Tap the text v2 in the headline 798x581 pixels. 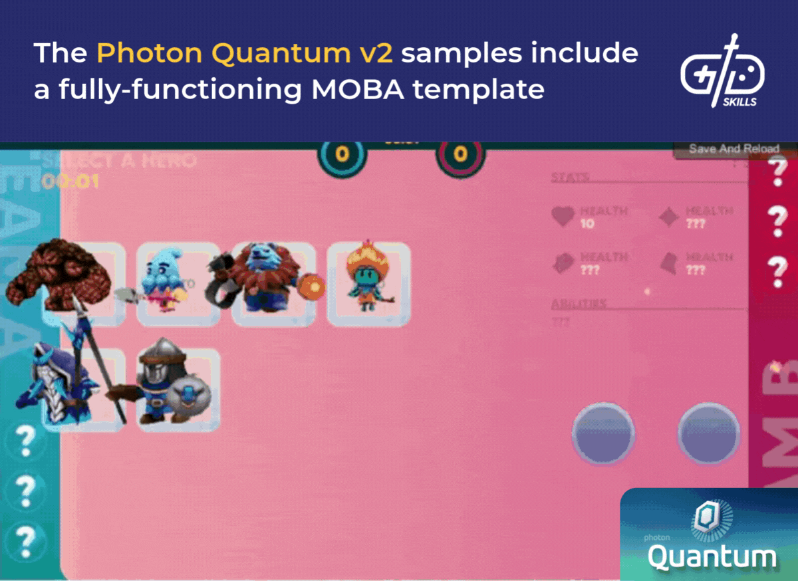pyautogui.click(x=373, y=54)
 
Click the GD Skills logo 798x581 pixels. pyautogui.click(x=722, y=72)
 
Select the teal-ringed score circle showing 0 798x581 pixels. pyautogui.click(x=342, y=155)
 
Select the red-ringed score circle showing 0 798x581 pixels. pyautogui.click(x=460, y=155)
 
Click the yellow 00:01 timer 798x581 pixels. pyautogui.click(x=70, y=180)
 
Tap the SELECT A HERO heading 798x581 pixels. pyautogui.click(x=120, y=160)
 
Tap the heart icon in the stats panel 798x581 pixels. pyautogui.click(x=563, y=216)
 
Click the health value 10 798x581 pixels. pyautogui.click(x=588, y=224)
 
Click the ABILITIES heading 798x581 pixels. pyautogui.click(x=579, y=304)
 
